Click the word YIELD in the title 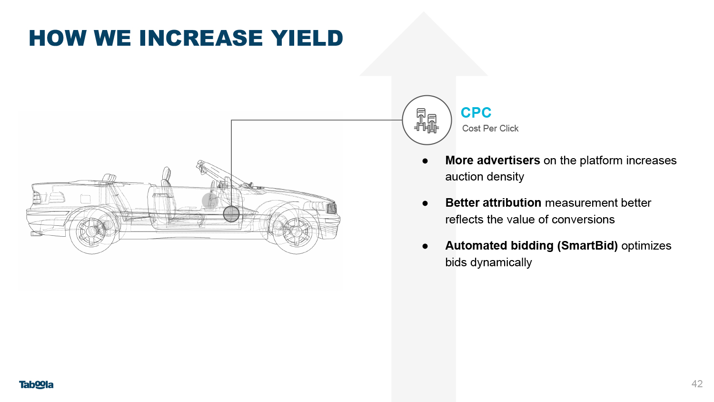[x=307, y=38]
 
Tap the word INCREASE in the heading [x=201, y=38]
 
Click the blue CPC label [x=476, y=112]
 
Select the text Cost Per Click [x=490, y=128]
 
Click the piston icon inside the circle [x=426, y=121]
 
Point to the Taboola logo [x=36, y=384]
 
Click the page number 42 [x=697, y=383]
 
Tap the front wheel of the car [x=296, y=231]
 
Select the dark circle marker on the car [x=231, y=214]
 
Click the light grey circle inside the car [x=210, y=201]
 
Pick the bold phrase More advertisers [x=493, y=160]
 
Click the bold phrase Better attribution [x=493, y=202]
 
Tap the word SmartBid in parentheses [x=587, y=246]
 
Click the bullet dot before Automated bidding [x=425, y=246]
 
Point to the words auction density [x=485, y=177]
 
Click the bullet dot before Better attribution [x=425, y=203]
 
